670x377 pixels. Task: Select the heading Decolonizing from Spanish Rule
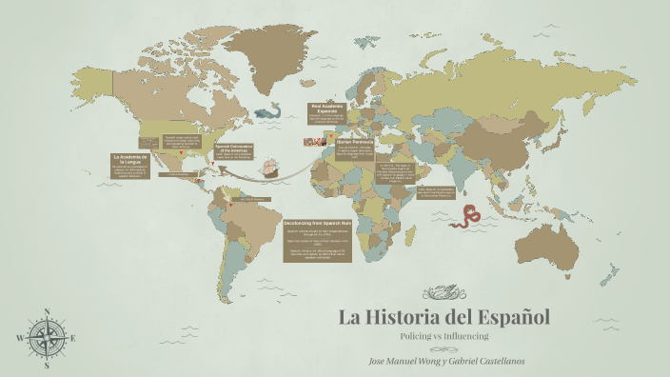pyautogui.click(x=318, y=223)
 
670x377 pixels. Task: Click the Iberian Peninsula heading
pyautogui.click(x=356, y=142)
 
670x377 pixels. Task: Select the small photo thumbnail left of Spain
pyautogui.click(x=311, y=142)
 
